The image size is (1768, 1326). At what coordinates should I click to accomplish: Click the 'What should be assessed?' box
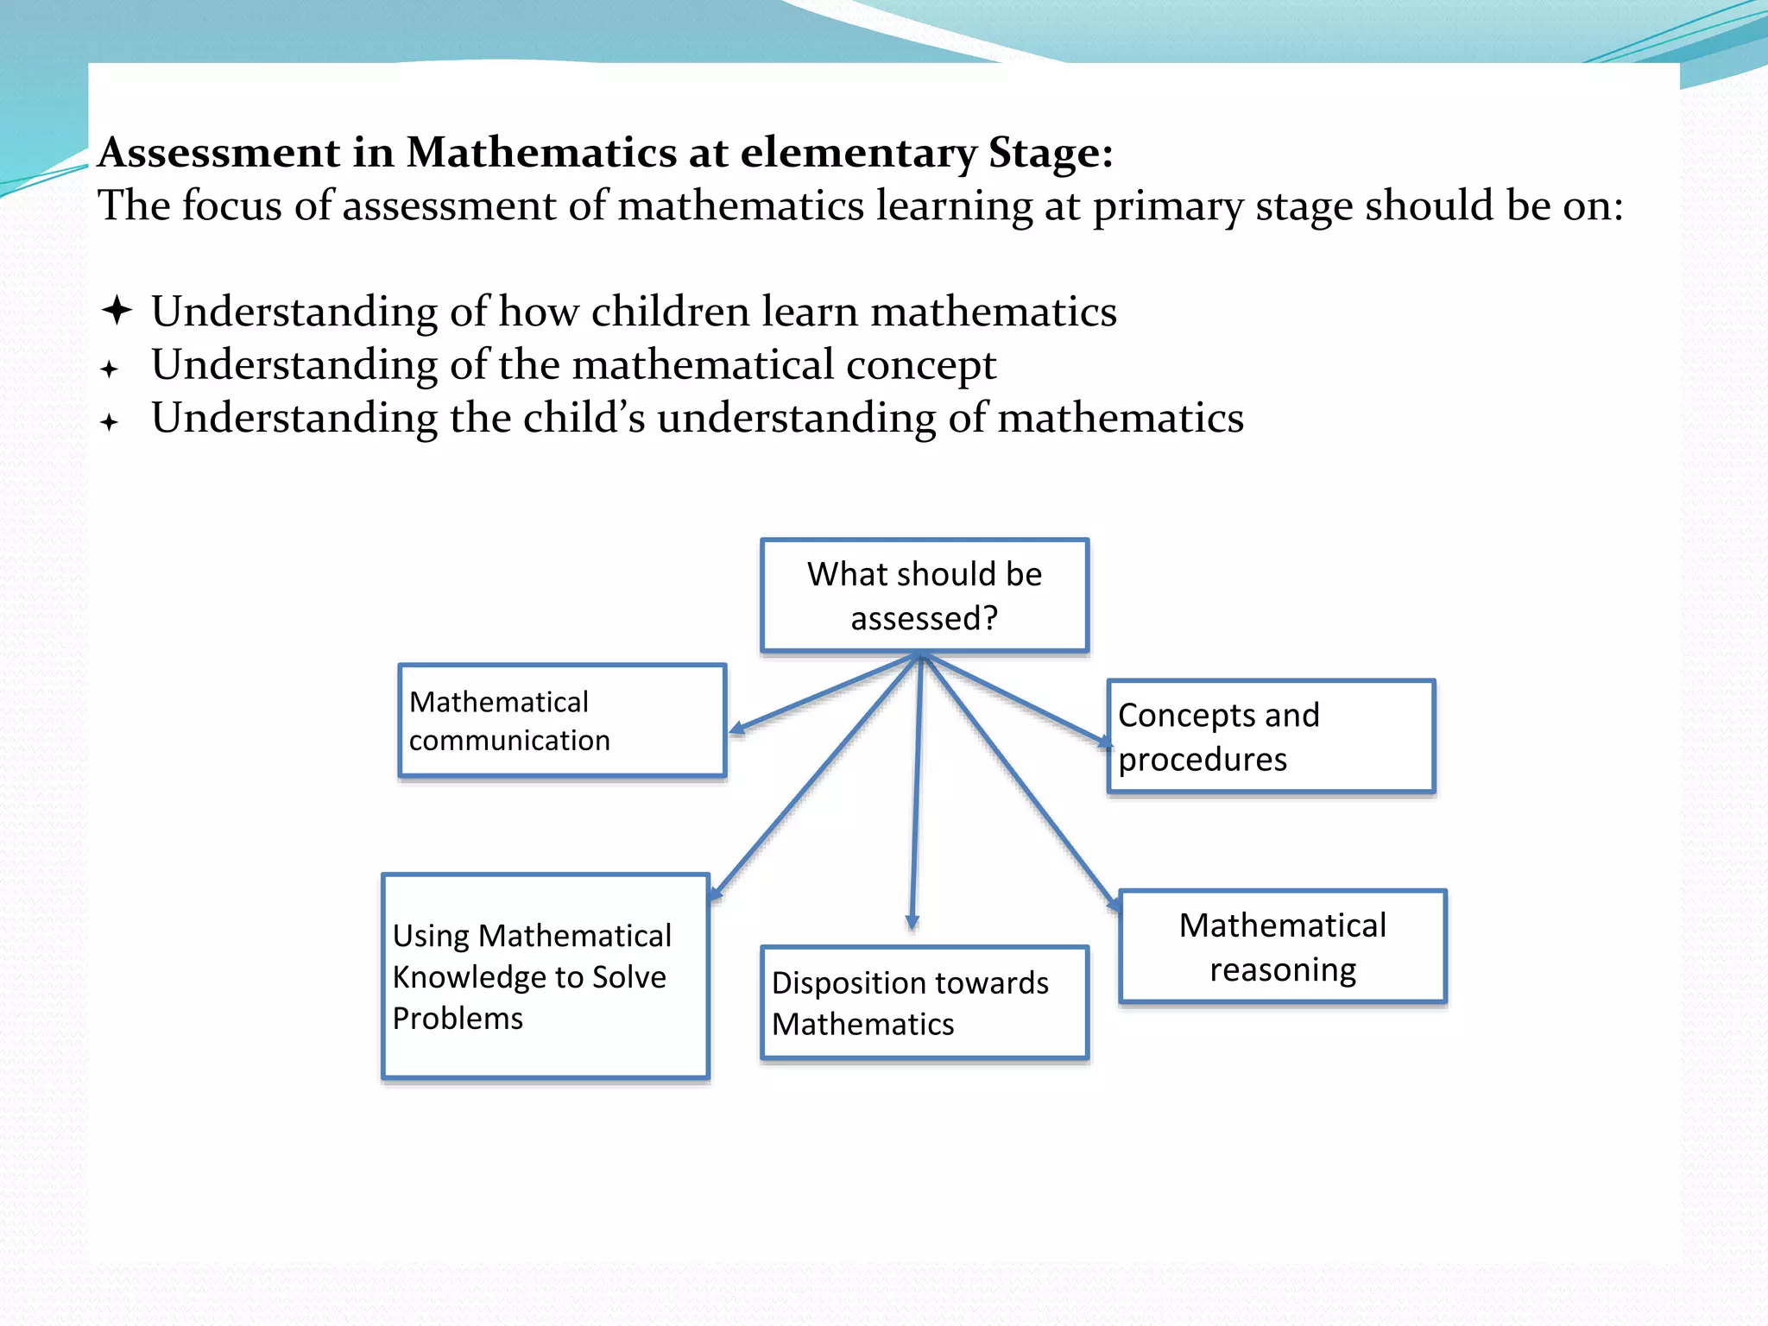point(924,596)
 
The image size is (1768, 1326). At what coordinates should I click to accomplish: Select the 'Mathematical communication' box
point(562,721)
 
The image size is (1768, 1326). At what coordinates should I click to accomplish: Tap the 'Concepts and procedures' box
point(1271,736)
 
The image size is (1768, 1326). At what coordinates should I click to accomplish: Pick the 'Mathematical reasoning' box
point(1282,947)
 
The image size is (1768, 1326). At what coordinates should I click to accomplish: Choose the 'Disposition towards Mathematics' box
point(924,1003)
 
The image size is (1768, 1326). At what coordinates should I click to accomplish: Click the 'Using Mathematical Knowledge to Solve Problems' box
point(546,976)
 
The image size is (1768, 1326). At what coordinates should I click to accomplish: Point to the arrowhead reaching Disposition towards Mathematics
point(912,922)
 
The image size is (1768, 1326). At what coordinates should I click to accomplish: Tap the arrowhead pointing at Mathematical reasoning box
point(1114,903)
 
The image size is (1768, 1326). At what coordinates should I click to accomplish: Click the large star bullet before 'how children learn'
point(117,310)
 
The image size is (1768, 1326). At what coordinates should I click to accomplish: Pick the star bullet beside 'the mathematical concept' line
point(109,369)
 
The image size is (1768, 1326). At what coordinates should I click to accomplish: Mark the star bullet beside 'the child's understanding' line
point(109,422)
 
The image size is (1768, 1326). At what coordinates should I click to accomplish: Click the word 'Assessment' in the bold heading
point(219,153)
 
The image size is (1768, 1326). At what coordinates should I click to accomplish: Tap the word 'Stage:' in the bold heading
point(1050,153)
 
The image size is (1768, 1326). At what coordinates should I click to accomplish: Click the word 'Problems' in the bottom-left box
point(458,1019)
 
